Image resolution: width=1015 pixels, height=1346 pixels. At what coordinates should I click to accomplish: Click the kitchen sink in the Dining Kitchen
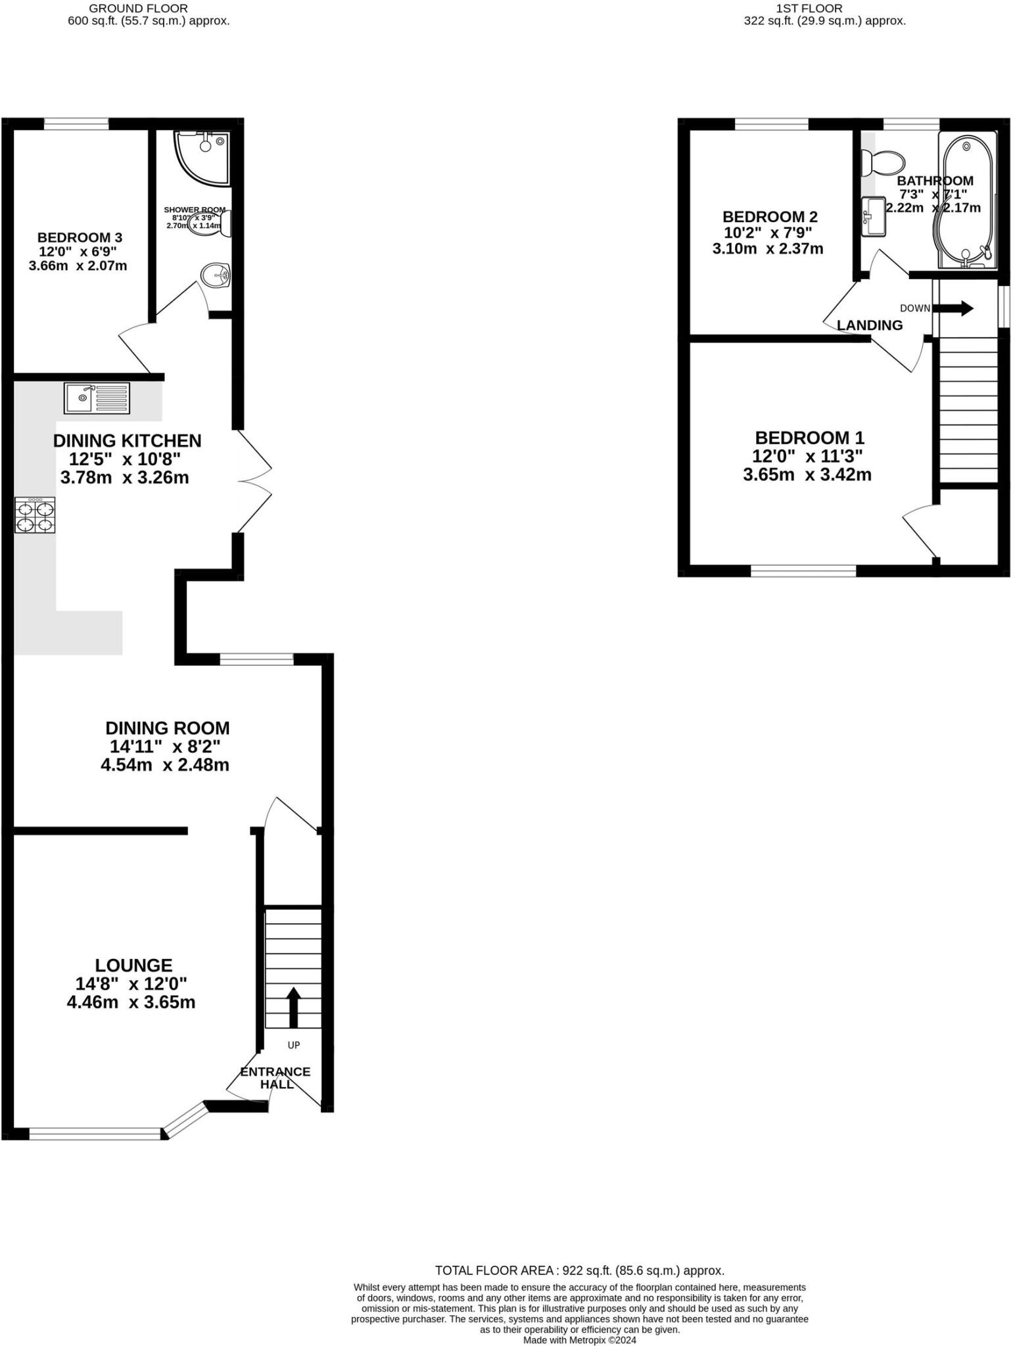97,398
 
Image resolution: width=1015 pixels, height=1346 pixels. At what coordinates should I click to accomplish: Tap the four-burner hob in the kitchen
35,515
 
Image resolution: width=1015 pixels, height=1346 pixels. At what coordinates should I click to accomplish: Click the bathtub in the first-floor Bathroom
967,200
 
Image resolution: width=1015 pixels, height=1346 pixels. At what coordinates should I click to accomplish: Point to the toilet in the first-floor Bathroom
885,162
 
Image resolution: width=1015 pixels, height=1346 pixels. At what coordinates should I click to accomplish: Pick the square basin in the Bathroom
874,216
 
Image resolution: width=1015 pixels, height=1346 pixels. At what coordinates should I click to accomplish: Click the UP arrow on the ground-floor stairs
293,1008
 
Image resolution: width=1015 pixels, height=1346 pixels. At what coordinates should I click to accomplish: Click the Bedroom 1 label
809,438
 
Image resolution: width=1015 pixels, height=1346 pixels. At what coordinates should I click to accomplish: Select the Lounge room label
133,965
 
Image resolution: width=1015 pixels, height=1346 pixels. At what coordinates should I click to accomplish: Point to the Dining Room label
168,728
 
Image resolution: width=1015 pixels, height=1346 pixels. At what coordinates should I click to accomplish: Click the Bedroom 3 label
80,237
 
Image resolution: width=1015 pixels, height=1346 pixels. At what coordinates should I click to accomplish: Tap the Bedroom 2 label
770,217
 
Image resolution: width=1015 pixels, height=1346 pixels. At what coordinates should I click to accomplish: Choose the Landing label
870,325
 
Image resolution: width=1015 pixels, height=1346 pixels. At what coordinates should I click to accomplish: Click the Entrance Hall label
275,1077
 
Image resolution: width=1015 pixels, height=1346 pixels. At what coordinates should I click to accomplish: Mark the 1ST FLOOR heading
809,9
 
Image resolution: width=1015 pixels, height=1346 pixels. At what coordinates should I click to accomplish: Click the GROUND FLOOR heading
138,9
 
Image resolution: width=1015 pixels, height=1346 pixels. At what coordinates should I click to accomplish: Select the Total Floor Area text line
579,1270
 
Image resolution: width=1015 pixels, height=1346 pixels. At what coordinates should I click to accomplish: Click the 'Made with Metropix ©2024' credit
579,1340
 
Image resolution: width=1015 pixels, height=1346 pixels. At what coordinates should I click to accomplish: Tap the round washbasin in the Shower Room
214,275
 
